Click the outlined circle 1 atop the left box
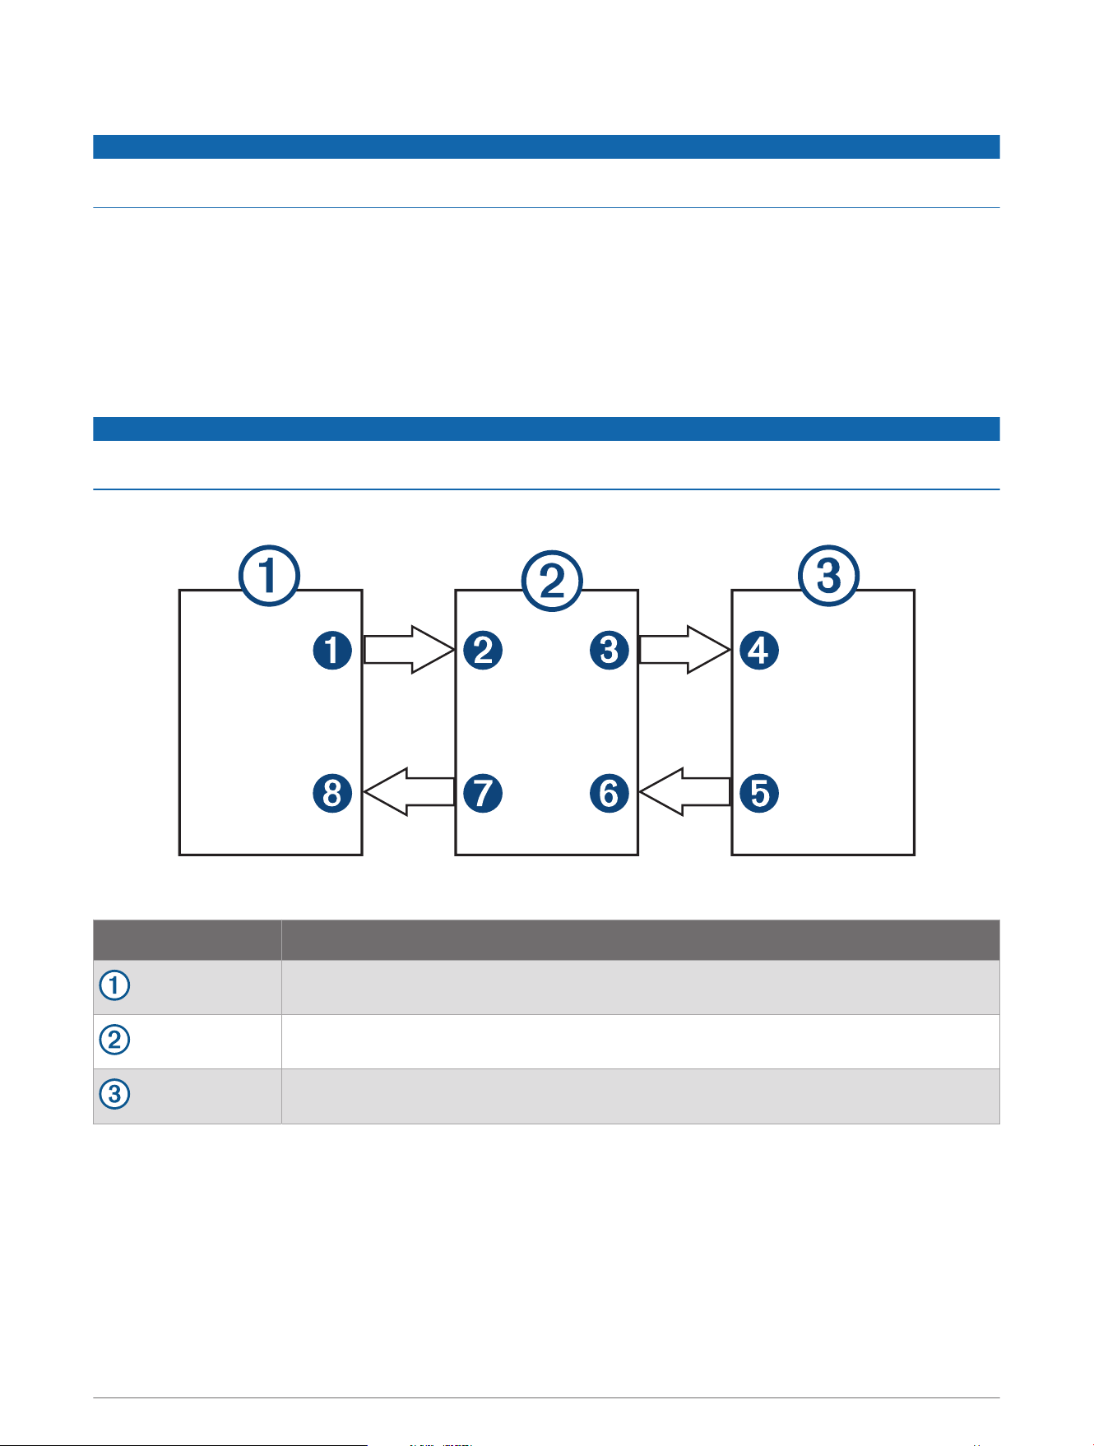[269, 576]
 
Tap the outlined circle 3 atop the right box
[828, 576]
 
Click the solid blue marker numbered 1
[332, 651]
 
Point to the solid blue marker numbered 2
[483, 651]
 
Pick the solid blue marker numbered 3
[609, 651]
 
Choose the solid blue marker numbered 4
[759, 651]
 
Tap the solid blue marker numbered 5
[759, 793]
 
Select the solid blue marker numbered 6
[609, 793]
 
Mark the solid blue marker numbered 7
[483, 793]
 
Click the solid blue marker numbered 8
[332, 793]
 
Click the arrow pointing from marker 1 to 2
[409, 650]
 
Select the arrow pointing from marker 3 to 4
[685, 650]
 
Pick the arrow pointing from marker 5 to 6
[685, 792]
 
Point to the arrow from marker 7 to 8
[409, 792]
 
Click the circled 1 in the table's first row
[114, 985]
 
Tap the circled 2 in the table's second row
[114, 1040]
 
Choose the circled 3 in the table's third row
[114, 1095]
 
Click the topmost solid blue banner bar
[546, 146]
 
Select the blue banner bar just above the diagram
[546, 429]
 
